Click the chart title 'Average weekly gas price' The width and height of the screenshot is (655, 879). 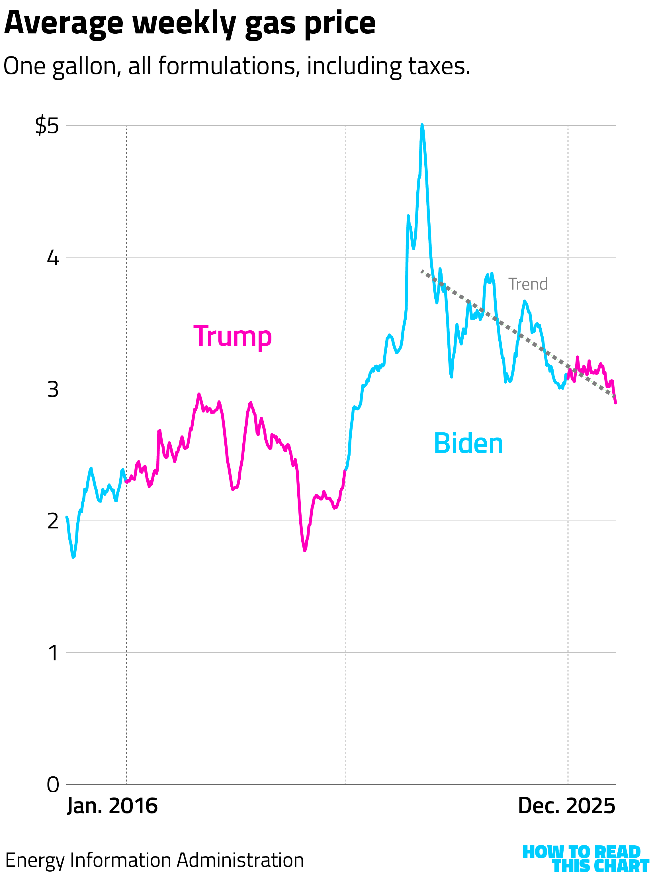189,24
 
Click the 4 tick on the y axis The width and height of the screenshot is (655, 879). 53,258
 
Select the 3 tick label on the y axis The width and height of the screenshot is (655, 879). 53,389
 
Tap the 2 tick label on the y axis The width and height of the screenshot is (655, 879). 53,521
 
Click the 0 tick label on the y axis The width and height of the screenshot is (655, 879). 53,785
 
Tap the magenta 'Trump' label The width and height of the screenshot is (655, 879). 232,337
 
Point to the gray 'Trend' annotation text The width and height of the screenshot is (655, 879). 528,284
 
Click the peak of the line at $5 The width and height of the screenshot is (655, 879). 422,125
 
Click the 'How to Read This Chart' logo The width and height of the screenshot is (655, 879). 585,859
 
